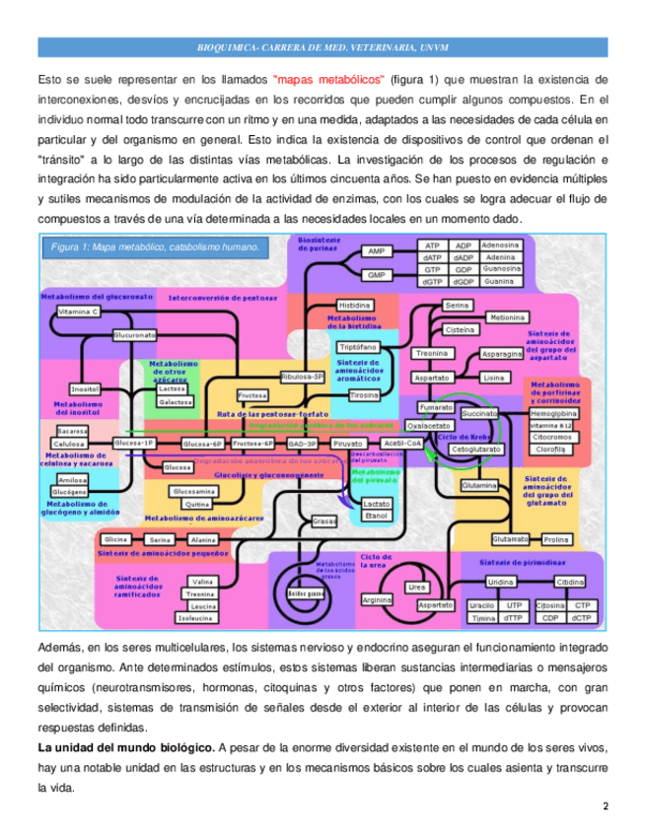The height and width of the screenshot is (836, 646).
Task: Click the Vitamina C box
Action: click(x=78, y=312)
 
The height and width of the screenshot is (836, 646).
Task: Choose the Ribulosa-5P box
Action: click(x=302, y=377)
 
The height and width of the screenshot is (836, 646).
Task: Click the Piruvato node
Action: click(x=348, y=445)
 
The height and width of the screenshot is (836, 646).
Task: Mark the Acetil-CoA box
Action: click(x=401, y=444)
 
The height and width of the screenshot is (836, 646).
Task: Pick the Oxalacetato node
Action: click(x=429, y=426)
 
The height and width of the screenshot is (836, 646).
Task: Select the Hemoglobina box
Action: click(x=553, y=414)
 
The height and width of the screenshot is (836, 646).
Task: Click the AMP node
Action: click(x=377, y=251)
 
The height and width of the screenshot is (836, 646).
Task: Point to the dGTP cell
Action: click(x=432, y=281)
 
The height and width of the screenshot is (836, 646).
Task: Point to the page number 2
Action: click(x=605, y=807)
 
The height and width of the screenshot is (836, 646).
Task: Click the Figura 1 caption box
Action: click(x=154, y=248)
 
